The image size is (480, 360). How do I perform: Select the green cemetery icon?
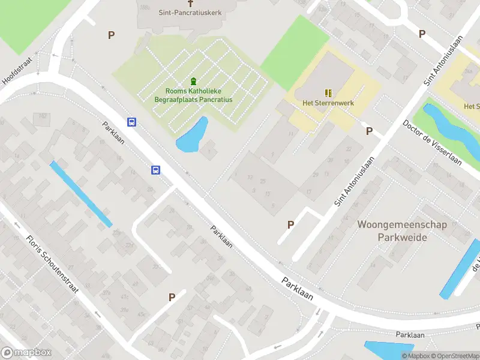click(193, 82)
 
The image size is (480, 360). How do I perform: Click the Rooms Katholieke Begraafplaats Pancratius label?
click(193, 95)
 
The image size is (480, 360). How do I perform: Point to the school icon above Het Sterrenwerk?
click(328, 92)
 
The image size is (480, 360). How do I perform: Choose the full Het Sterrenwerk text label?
click(328, 103)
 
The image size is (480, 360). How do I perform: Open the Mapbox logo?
click(26, 353)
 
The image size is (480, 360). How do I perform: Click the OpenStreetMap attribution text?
click(455, 356)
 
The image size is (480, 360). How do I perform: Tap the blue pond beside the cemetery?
click(193, 136)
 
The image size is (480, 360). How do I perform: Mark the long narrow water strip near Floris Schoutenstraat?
click(80, 193)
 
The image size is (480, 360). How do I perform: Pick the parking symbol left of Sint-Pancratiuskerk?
click(111, 35)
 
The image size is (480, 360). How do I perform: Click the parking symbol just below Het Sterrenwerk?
click(369, 131)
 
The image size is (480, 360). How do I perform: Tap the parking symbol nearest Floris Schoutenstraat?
click(172, 296)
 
